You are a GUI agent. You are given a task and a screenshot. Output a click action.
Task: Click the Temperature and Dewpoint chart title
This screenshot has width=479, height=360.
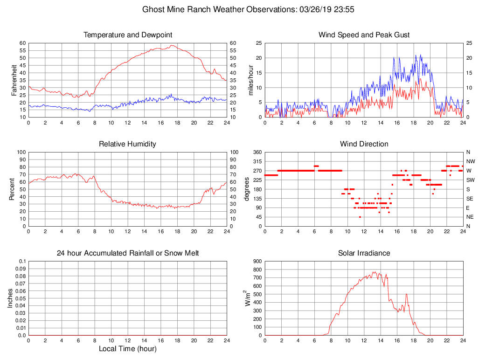[x=128, y=35]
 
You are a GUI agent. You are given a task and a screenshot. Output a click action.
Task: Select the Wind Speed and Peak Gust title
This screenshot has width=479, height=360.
[x=364, y=35]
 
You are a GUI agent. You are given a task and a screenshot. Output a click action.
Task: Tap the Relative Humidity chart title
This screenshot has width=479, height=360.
[x=128, y=144]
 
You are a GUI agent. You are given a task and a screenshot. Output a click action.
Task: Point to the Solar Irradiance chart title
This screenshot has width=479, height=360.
[x=364, y=253]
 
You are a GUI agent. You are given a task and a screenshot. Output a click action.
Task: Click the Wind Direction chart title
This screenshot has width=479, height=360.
[x=364, y=144]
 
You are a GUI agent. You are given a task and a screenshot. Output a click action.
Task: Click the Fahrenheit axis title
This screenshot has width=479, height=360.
[x=14, y=80]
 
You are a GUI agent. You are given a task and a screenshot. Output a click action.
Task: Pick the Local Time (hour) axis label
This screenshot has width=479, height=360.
[x=128, y=349]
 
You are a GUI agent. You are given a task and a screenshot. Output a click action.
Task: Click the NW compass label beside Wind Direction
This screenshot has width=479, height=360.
[x=468, y=161]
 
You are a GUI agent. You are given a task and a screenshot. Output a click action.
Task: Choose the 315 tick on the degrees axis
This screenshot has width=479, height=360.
[x=257, y=161]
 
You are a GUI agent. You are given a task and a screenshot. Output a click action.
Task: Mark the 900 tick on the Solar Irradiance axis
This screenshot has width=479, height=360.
[x=257, y=261]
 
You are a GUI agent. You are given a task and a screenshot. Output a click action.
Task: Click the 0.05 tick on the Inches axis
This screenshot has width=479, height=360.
[x=21, y=298]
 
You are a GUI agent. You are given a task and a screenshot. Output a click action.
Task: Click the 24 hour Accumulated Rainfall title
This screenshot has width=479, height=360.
[x=128, y=253]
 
